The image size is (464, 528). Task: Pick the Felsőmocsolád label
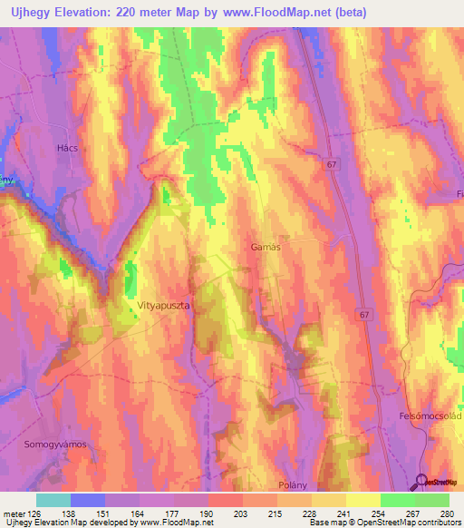point(430,415)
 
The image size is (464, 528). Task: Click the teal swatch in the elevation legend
point(53,500)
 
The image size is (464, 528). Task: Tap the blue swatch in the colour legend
point(87,500)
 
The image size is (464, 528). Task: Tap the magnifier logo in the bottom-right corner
point(422,483)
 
